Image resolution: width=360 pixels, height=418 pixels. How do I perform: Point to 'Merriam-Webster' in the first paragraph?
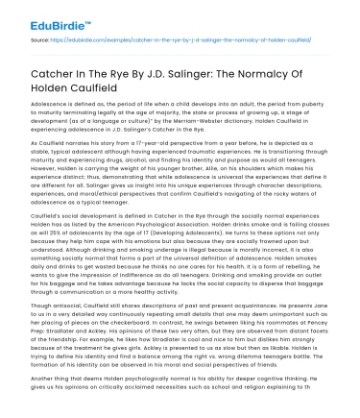pos(191,118)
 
